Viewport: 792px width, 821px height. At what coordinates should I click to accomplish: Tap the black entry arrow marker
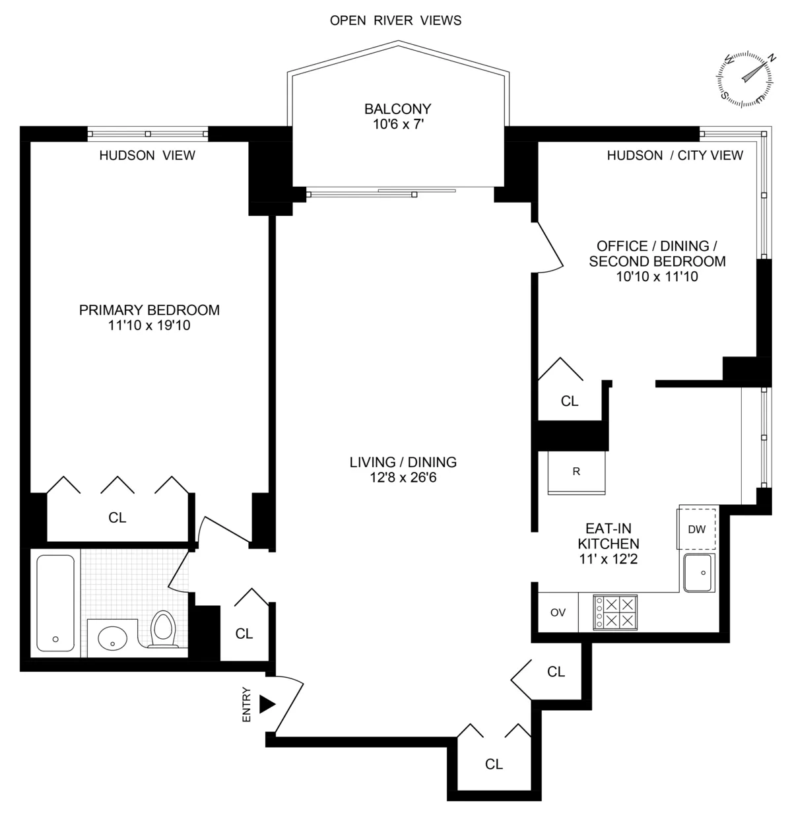click(266, 704)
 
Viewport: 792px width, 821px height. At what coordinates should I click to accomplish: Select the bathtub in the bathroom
click(55, 603)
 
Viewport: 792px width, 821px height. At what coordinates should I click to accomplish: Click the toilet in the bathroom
click(163, 629)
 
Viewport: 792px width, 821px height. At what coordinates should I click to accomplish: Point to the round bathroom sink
click(112, 638)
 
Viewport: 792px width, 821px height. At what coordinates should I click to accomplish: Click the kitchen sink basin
click(699, 573)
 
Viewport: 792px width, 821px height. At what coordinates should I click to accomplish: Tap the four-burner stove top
click(615, 611)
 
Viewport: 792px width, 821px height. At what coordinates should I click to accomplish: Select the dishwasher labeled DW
click(696, 529)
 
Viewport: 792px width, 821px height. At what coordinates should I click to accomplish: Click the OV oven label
click(558, 612)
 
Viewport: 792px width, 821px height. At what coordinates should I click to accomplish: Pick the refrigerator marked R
click(576, 471)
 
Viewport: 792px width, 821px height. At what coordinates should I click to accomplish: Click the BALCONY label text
click(397, 109)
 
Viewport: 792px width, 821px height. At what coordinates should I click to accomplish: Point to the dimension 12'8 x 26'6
click(403, 476)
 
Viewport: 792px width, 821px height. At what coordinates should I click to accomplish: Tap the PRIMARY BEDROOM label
click(149, 310)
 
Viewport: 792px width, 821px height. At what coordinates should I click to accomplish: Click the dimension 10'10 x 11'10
click(657, 277)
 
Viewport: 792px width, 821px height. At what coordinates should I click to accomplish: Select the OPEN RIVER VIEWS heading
click(395, 20)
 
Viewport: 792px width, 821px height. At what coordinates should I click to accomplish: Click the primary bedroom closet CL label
click(117, 518)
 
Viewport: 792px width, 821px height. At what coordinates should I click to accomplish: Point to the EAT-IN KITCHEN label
click(608, 536)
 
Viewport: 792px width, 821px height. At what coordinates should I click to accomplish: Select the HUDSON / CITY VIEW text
click(675, 155)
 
